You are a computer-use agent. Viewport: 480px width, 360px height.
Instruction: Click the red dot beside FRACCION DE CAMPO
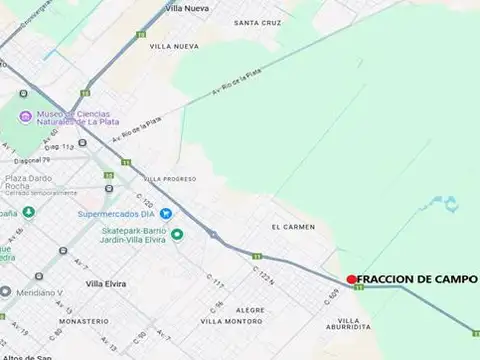351,279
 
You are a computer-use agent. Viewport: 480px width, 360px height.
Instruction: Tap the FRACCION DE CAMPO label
417,279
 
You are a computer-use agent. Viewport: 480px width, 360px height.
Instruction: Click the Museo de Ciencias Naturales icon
26,119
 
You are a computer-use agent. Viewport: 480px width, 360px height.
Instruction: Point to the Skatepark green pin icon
177,235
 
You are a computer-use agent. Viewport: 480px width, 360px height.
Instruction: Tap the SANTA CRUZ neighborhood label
257,22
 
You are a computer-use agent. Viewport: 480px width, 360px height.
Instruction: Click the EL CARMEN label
293,227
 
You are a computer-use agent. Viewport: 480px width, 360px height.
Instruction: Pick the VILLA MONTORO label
232,321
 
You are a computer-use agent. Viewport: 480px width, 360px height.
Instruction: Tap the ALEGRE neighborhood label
250,310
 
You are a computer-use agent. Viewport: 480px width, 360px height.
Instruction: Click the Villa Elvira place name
107,284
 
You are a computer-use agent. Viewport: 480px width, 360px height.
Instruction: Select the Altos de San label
26,356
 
